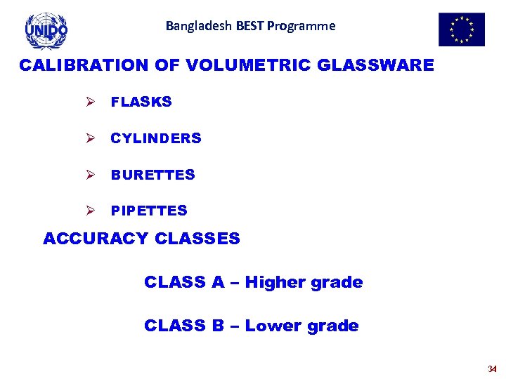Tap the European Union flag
462,29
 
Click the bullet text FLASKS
141,102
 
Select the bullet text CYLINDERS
156,138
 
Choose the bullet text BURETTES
153,175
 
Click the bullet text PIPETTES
149,211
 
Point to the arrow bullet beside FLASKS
90,102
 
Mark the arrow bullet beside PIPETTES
90,211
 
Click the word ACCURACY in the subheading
96,239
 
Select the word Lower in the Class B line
273,326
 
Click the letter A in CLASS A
218,283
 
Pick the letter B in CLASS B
218,326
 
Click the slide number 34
492,369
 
